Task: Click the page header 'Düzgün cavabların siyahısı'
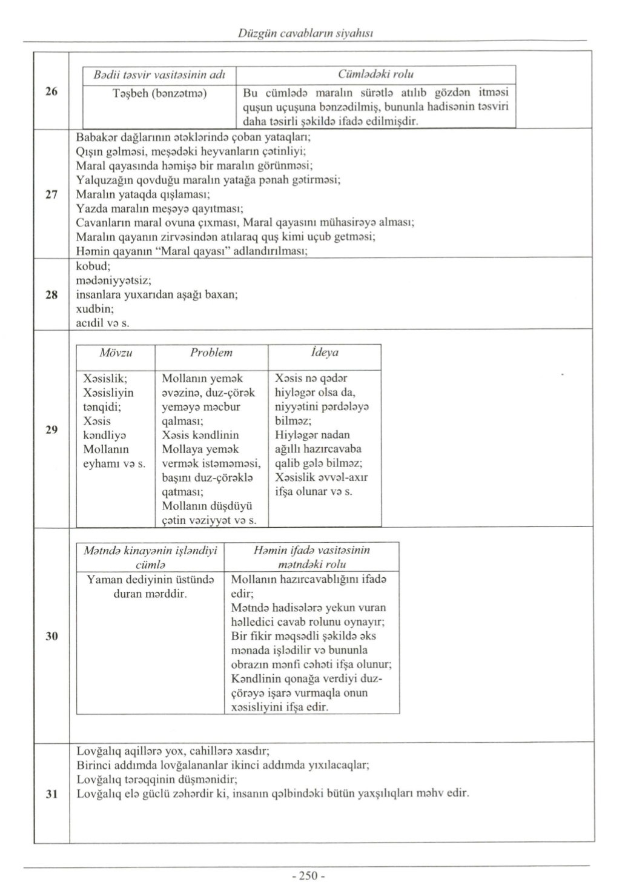tap(306, 33)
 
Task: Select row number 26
tap(51, 92)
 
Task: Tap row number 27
tap(51, 194)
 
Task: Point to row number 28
tap(51, 295)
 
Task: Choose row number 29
tap(51, 430)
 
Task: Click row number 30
tap(51, 636)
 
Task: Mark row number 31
tap(51, 794)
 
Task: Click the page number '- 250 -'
tap(308, 876)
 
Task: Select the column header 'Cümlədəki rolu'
tap(375, 75)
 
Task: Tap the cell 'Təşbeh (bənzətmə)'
tap(159, 93)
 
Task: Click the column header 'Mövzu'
tap(116, 353)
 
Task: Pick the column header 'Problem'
tap(211, 353)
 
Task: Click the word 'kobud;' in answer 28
tap(93, 267)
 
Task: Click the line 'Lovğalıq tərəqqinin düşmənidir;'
tap(157, 779)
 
